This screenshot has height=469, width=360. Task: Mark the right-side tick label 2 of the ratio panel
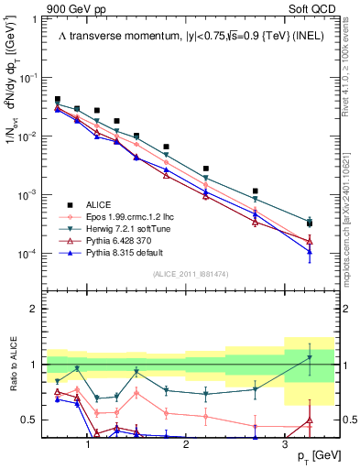(346, 309)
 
